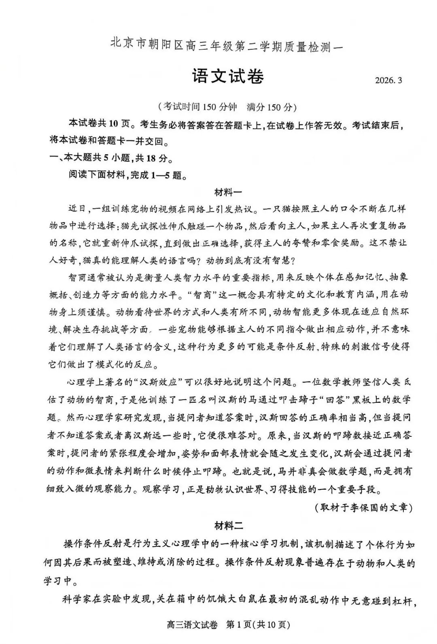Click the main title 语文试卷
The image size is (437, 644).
click(x=228, y=77)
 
